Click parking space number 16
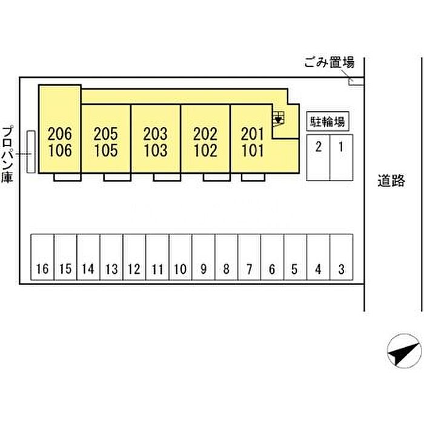click(42, 257)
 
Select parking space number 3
click(341, 257)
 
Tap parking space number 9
click(204, 257)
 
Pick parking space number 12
click(134, 257)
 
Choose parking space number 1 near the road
click(341, 157)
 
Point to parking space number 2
click(318, 157)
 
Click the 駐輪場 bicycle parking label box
click(328, 121)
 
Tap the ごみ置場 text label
click(329, 63)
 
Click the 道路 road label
click(391, 181)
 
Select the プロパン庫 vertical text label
click(7, 154)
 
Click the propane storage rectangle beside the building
click(31, 151)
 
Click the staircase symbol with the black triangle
click(278, 119)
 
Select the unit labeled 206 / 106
click(60, 129)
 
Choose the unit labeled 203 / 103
click(156, 139)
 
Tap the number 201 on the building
click(253, 134)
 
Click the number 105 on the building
click(106, 150)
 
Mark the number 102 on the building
click(205, 150)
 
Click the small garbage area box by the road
click(356, 82)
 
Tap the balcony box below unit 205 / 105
click(117, 177)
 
